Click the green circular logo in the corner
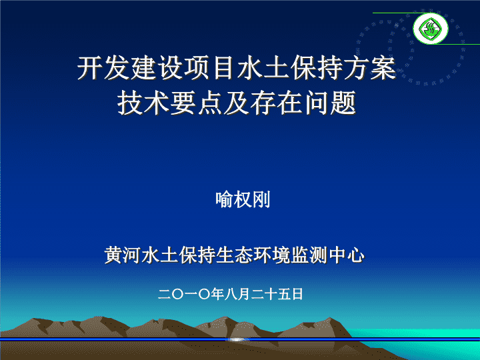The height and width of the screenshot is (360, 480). [x=431, y=29]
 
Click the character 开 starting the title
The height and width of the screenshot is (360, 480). [x=90, y=67]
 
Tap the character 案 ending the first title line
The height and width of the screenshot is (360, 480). [x=384, y=67]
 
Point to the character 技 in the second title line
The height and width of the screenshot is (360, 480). [x=131, y=103]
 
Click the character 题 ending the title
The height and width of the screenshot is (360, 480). [x=343, y=103]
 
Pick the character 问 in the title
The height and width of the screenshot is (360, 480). [x=317, y=103]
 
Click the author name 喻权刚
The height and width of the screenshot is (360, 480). [x=243, y=199]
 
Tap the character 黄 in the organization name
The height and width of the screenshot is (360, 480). [x=113, y=255]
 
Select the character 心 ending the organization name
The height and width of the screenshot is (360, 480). [x=356, y=255]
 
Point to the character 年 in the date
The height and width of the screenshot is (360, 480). [x=217, y=294]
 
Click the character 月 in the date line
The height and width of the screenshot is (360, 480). [x=244, y=294]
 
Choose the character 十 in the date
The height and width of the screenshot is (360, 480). [x=271, y=294]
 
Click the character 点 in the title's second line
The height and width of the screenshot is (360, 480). [x=211, y=103]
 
